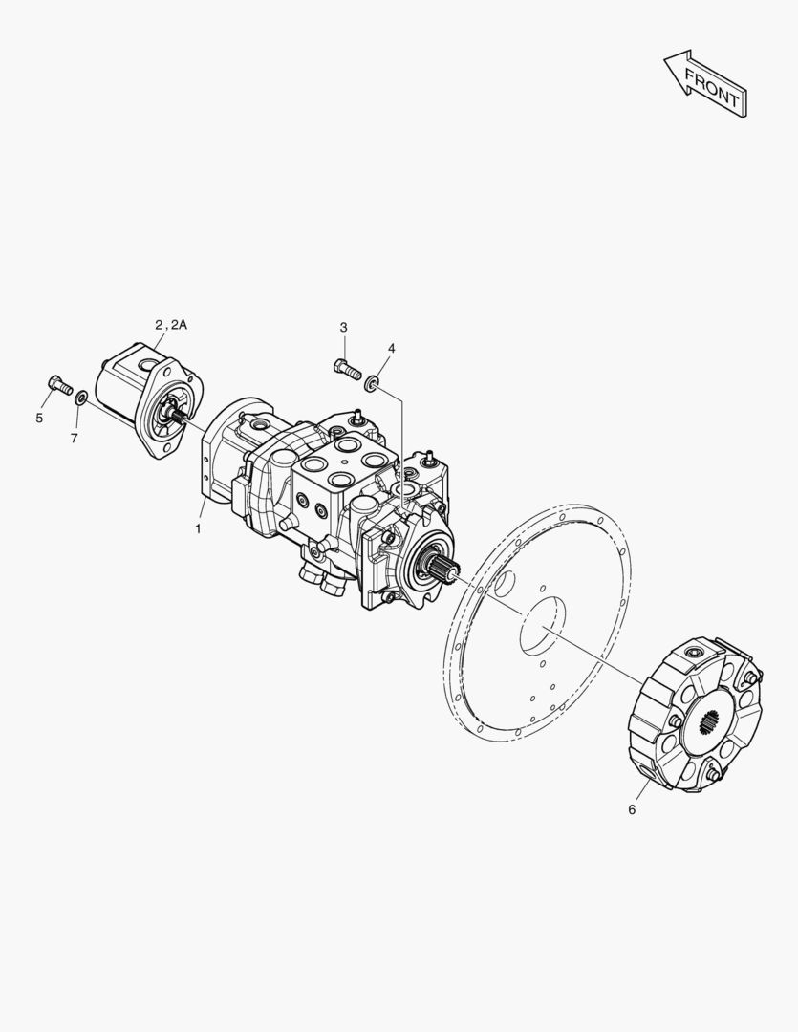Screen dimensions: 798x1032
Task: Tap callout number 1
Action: click(x=198, y=528)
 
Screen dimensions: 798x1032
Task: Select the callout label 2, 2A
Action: click(x=171, y=325)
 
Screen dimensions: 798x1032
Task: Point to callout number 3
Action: click(x=344, y=327)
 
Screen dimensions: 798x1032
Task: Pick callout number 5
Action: click(x=39, y=418)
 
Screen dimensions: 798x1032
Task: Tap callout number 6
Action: click(x=632, y=809)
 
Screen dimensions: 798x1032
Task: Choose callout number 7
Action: click(x=74, y=438)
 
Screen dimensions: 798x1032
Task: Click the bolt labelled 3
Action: click(x=348, y=370)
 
